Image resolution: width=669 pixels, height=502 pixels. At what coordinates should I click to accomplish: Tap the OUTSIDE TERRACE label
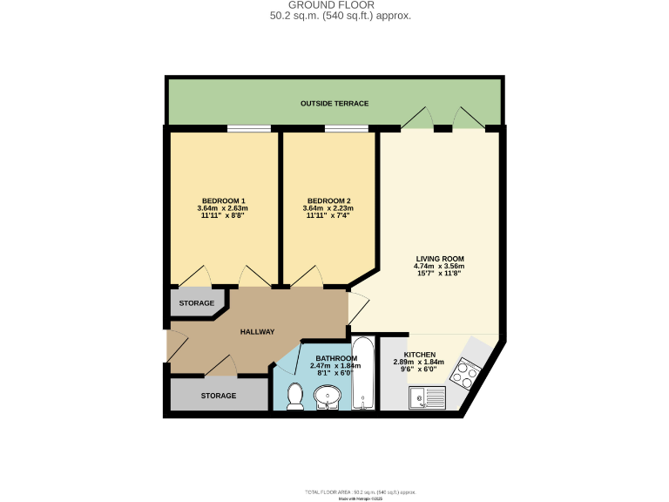point(334,104)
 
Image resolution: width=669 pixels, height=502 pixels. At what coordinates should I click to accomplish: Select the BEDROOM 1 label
point(223,201)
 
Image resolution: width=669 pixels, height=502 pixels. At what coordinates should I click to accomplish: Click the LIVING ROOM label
point(439,259)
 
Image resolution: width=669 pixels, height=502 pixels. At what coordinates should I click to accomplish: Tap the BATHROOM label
point(335,359)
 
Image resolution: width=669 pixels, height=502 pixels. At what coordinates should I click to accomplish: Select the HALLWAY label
point(257,331)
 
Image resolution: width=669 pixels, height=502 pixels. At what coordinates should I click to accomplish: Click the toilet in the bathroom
point(295,395)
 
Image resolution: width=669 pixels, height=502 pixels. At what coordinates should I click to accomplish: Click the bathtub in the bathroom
point(363,374)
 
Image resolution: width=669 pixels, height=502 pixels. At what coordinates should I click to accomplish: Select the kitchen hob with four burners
point(463,373)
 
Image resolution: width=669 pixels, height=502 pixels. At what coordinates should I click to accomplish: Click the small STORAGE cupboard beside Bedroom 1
point(196,303)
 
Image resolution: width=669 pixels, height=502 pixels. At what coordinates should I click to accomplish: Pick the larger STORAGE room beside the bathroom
point(218,396)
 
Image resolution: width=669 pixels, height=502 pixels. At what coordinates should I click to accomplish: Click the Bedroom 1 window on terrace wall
point(248,130)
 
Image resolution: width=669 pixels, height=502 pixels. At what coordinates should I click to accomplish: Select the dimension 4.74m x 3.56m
point(439,267)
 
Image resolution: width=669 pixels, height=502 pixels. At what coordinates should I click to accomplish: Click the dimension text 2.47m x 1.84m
point(335,366)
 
